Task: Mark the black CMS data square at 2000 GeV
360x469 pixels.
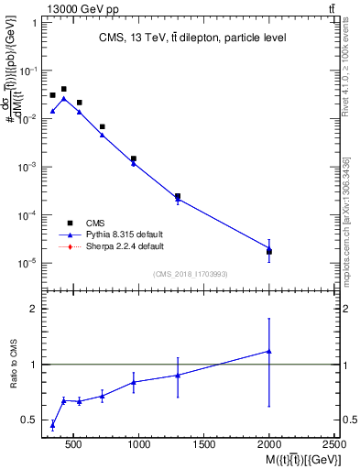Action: click(x=269, y=251)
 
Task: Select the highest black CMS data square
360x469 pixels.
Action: click(x=63, y=89)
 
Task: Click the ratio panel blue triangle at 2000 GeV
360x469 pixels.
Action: click(x=269, y=351)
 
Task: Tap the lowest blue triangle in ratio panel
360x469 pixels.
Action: click(x=52, y=424)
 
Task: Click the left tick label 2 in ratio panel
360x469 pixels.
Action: click(x=33, y=309)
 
